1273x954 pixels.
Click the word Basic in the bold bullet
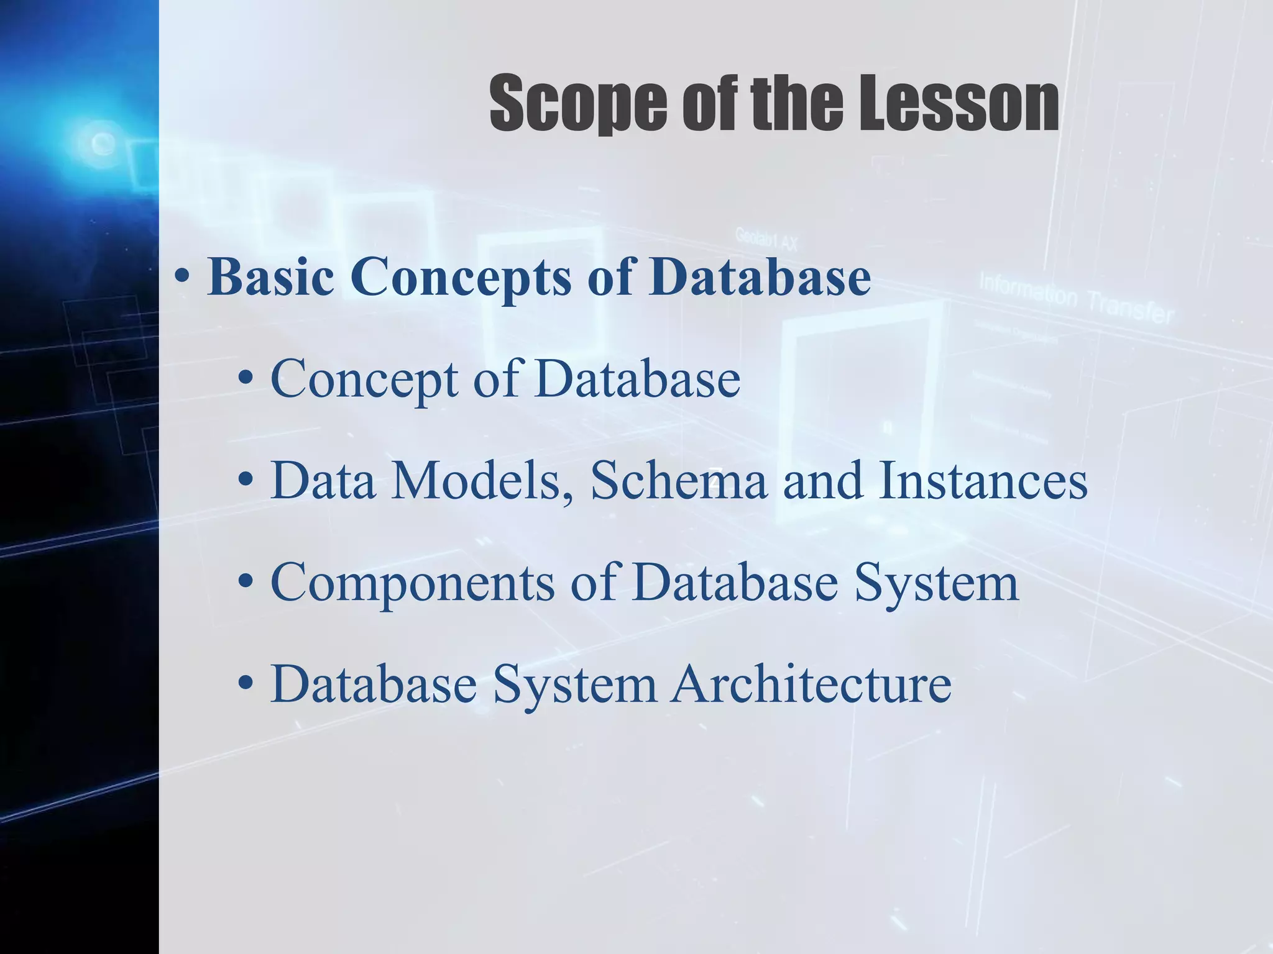click(270, 276)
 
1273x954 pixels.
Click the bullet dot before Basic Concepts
click(182, 279)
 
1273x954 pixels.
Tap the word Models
click(476, 481)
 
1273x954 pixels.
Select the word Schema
click(678, 481)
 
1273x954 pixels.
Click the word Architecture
click(811, 684)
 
